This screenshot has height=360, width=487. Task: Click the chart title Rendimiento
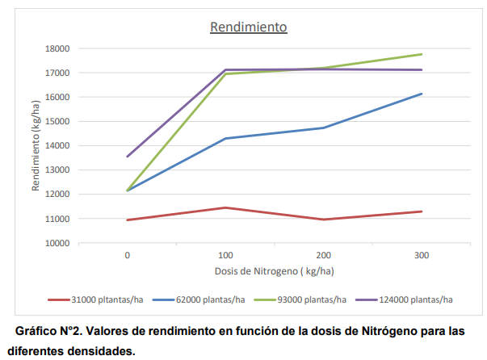pyautogui.click(x=249, y=27)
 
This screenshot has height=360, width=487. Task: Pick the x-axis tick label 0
pyautogui.click(x=128, y=254)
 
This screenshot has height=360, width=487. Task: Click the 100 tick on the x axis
pyautogui.click(x=225, y=254)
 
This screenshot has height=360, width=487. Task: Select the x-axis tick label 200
pyautogui.click(x=323, y=254)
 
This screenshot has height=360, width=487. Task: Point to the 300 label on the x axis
pyautogui.click(x=421, y=254)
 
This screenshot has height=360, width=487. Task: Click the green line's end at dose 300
pyautogui.click(x=422, y=54)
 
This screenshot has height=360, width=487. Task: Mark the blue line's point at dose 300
pyautogui.click(x=422, y=94)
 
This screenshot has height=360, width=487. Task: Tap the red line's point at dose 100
pyautogui.click(x=225, y=207)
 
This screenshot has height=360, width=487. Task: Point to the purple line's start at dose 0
pyautogui.click(x=128, y=157)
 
